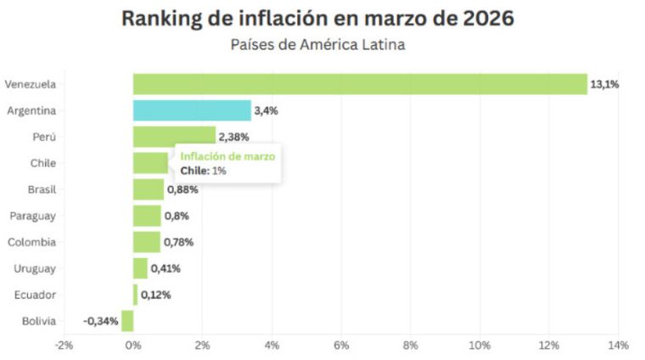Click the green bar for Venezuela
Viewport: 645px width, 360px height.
coord(360,84)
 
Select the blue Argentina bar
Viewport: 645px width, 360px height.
coord(192,110)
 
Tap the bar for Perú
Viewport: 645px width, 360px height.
coord(174,137)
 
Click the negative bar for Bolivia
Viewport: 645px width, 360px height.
coord(127,321)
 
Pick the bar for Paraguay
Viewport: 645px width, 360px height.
coord(147,216)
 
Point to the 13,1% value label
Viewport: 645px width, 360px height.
coord(604,84)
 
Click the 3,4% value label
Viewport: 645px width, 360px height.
coord(266,110)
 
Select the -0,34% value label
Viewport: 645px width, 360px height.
coord(100,321)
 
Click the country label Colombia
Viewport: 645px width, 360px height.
coord(31,242)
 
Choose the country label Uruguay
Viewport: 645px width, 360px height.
coord(35,268)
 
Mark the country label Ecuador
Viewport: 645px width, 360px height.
coord(35,295)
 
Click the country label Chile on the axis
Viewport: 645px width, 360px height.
coord(42,163)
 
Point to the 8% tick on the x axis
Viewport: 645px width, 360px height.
coord(410,346)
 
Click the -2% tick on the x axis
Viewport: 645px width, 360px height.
coord(64,346)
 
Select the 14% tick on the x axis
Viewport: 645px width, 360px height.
coord(617,346)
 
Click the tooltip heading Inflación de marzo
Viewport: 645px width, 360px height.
coord(227,156)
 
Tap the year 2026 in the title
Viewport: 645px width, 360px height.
coord(485,18)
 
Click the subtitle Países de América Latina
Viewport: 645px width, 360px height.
coord(317,44)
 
